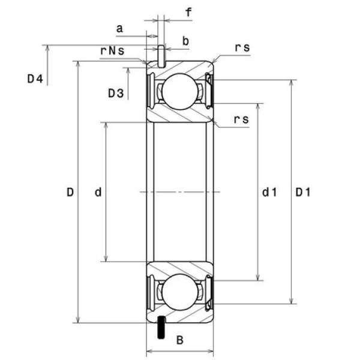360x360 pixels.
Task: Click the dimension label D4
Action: tap(34, 79)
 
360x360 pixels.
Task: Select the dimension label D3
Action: tap(116, 93)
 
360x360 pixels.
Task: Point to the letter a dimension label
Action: tap(119, 28)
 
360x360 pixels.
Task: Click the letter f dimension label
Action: tap(188, 12)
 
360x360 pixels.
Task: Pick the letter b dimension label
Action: tap(185, 41)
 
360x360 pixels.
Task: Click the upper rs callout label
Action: tap(242, 47)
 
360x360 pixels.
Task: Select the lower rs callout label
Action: tap(241, 120)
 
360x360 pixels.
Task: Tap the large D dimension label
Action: tap(70, 193)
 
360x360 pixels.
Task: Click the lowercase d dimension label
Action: tap(98, 193)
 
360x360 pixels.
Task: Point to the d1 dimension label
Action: tap(269, 193)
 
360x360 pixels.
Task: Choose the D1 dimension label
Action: tap(303, 193)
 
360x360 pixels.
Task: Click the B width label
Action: tap(179, 341)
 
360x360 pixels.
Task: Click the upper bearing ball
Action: tap(180, 92)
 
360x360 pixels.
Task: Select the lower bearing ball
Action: tap(180, 292)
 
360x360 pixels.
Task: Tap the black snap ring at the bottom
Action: tap(161, 328)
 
